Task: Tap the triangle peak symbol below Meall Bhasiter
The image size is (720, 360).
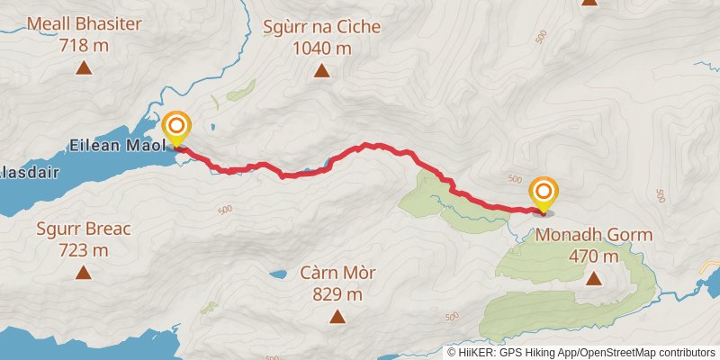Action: pyautogui.click(x=84, y=67)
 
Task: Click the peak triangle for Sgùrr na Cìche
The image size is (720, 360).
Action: pyautogui.click(x=322, y=69)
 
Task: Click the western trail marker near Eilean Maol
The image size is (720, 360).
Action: pyautogui.click(x=176, y=127)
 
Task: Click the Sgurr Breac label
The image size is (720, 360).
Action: pyautogui.click(x=84, y=229)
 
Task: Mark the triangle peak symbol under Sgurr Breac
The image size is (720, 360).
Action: pyautogui.click(x=84, y=272)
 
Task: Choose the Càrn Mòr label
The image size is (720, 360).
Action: pyautogui.click(x=337, y=273)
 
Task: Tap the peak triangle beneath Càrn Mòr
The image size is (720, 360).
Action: pyautogui.click(x=337, y=315)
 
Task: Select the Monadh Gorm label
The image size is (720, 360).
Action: pyautogui.click(x=594, y=236)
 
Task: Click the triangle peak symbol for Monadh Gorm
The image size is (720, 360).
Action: pyautogui.click(x=594, y=278)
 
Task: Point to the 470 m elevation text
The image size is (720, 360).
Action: pyautogui.click(x=594, y=256)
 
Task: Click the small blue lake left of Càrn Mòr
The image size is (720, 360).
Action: pyautogui.click(x=279, y=272)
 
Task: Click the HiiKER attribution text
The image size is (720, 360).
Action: pyautogui.click(x=580, y=352)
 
